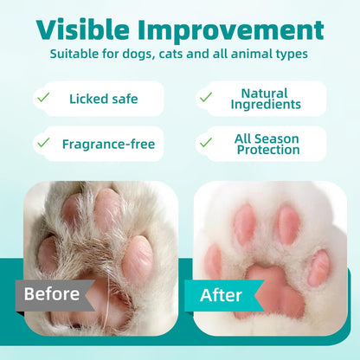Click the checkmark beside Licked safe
tap(42, 99)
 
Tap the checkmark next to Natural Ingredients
tap(206, 99)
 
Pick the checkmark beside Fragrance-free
tap(42, 143)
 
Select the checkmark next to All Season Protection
tap(206, 143)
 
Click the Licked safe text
tap(105, 99)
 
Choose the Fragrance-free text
tap(108, 143)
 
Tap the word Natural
tap(265, 93)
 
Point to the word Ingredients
tap(265, 105)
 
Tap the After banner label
tap(222, 294)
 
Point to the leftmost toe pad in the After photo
tap(211, 260)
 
